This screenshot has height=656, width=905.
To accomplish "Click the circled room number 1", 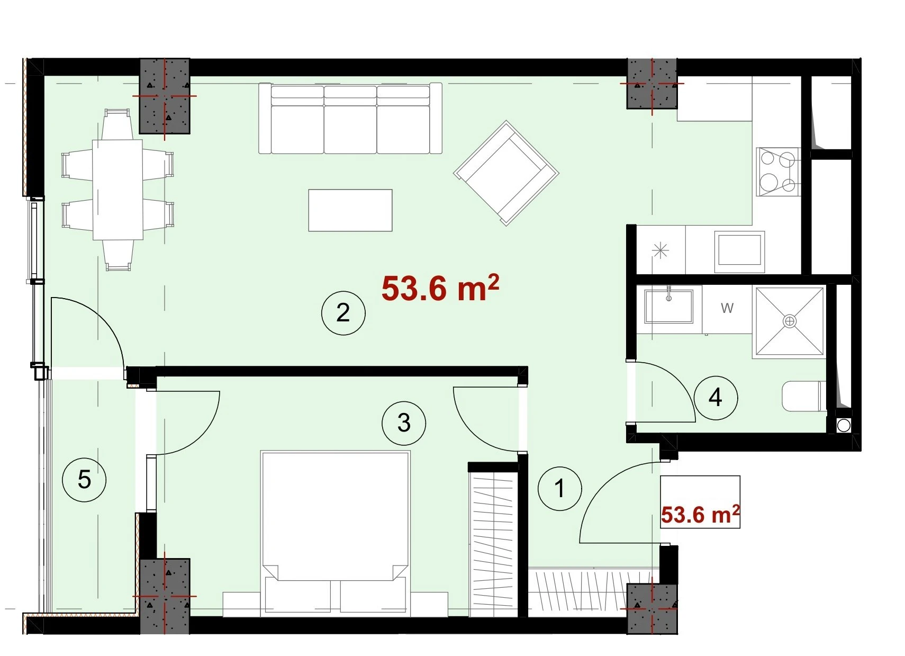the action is [x=559, y=489].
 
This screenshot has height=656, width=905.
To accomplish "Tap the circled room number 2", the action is [x=343, y=313].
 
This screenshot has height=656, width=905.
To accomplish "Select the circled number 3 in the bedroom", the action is [x=404, y=423].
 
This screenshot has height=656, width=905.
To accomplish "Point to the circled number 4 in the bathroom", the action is [x=716, y=398].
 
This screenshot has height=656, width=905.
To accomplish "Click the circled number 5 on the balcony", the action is [x=84, y=480].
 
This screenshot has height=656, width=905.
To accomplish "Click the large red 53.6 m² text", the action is [x=440, y=288].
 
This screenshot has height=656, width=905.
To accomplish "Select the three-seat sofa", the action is [x=350, y=119].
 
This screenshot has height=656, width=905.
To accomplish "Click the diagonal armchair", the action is [x=506, y=173].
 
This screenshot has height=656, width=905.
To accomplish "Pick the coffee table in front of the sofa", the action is [x=350, y=210].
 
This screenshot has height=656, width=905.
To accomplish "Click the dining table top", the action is [x=117, y=190].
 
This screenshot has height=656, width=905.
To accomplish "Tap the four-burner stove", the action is [x=779, y=172].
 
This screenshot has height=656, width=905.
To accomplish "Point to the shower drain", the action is [x=789, y=322].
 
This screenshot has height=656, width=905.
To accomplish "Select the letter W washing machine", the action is [x=727, y=309].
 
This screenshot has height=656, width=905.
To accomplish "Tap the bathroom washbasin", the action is [x=668, y=306].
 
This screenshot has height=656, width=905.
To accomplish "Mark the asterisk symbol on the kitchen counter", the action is [x=660, y=251].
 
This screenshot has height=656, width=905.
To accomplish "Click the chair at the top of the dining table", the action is [x=117, y=124].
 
